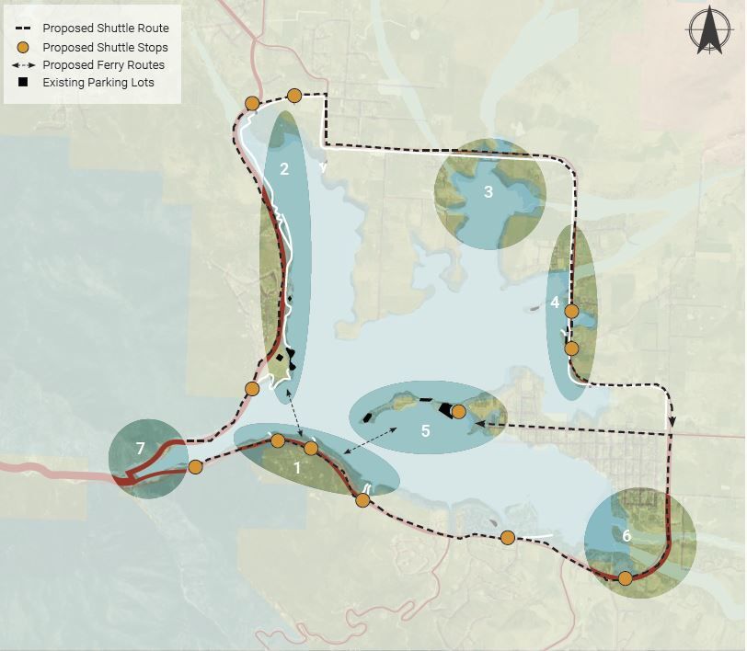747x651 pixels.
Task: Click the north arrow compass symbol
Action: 709,31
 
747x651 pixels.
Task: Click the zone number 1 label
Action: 296,466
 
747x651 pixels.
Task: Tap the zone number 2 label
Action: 284,168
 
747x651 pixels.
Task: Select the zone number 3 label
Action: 488,192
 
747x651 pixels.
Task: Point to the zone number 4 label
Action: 555,302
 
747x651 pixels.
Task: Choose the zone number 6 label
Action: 626,535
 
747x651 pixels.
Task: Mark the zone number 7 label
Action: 140,449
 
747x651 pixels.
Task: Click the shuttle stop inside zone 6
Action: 626,578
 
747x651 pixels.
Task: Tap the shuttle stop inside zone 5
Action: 458,411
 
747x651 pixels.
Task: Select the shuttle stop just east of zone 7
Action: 195,466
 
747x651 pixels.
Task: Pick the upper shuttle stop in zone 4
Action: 571,312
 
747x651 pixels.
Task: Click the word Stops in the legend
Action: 150,47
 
